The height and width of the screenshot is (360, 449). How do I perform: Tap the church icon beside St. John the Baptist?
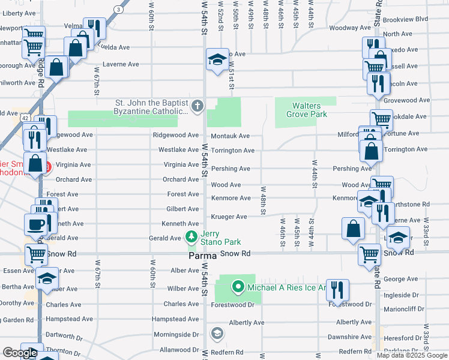click(x=197, y=107)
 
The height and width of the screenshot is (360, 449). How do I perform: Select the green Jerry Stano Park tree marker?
click(x=191, y=238)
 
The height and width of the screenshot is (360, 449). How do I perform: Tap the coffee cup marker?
click(x=35, y=224)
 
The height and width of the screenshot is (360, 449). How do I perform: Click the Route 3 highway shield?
click(x=119, y=10)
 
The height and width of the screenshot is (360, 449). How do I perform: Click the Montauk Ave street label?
click(x=230, y=136)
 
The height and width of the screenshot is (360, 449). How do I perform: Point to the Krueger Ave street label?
click(x=229, y=217)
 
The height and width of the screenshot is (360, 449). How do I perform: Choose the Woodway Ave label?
click(x=350, y=28)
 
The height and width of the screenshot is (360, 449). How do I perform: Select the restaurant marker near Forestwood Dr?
click(x=337, y=290)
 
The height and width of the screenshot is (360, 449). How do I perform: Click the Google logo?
click(x=20, y=353)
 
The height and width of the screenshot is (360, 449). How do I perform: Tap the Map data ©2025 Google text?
click(x=411, y=355)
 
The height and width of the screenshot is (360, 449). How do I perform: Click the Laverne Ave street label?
click(x=121, y=64)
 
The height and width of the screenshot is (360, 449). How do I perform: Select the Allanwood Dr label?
click(x=178, y=349)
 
